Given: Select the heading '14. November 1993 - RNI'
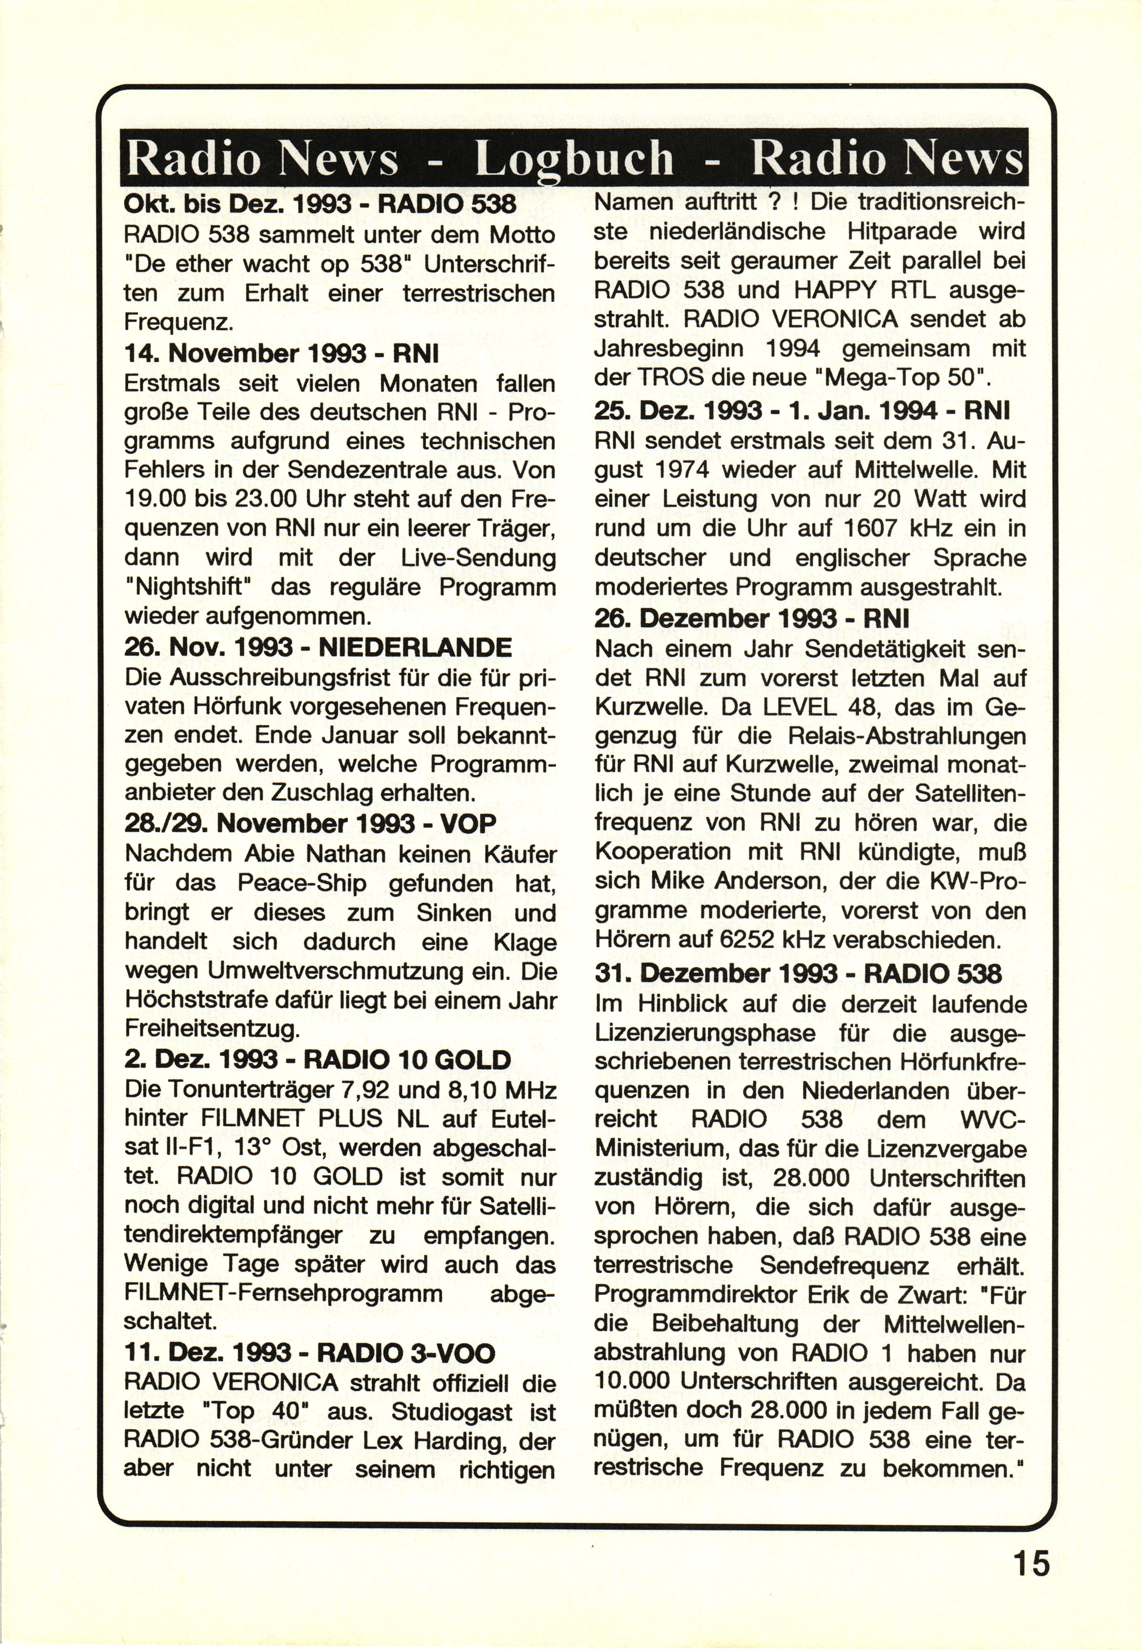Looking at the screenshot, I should pyautogui.click(x=281, y=353).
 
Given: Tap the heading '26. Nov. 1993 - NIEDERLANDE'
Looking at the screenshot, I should pyautogui.click(x=318, y=647).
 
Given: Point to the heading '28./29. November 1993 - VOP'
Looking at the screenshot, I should pyautogui.click(x=310, y=823).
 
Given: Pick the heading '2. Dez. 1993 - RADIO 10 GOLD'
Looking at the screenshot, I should pyautogui.click(x=317, y=1058).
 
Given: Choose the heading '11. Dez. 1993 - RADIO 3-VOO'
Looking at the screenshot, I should pyautogui.click(x=309, y=1353).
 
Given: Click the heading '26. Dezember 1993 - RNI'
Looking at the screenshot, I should pyautogui.click(x=751, y=618).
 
